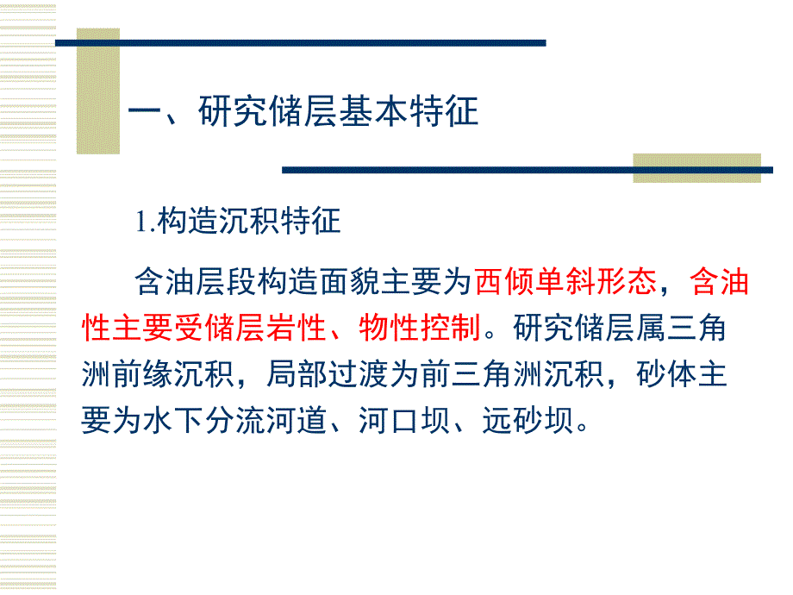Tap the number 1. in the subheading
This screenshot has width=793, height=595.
[144, 222]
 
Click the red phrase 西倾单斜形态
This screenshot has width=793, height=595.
[569, 282]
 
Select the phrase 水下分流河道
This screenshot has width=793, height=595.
[225, 420]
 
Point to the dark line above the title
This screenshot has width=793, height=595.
[302, 42]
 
